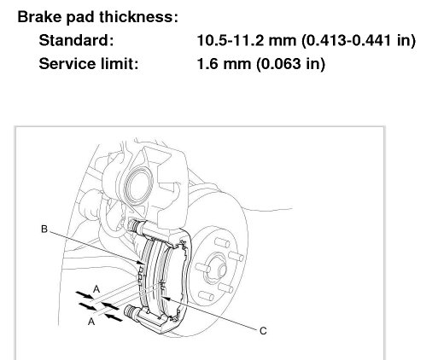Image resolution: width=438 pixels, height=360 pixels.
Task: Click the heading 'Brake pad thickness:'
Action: point(97,17)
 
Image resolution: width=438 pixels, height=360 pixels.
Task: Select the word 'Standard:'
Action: point(76,40)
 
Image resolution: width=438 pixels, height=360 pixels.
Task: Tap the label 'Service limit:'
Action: point(89,64)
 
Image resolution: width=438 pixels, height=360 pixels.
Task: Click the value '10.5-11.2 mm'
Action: point(247,40)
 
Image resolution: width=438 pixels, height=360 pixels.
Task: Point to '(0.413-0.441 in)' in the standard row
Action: point(359,41)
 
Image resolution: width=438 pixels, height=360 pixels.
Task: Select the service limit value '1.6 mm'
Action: point(224,64)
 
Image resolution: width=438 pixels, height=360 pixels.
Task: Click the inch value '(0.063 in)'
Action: point(290,64)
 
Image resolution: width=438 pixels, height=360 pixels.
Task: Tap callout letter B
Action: point(44,229)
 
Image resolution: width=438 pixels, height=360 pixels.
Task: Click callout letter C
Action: point(263,331)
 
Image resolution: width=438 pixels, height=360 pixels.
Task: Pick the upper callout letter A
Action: point(96,289)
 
